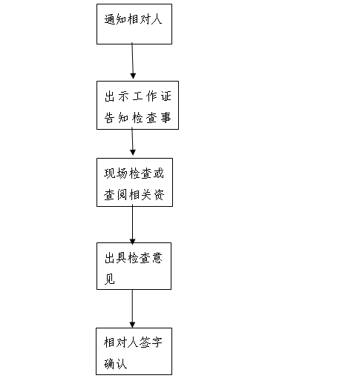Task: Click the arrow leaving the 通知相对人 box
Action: (133, 61)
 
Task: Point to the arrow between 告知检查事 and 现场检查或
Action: (132, 142)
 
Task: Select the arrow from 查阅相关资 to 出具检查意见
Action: (132, 225)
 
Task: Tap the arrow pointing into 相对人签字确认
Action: (132, 309)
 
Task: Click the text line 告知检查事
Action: (137, 118)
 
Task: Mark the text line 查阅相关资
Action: (134, 195)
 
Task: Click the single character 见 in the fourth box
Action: (110, 279)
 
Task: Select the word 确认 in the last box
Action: (115, 364)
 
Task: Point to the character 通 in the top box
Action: (110, 19)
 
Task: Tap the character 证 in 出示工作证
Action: (166, 96)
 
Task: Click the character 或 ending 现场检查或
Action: (159, 173)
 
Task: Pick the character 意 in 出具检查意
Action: (157, 258)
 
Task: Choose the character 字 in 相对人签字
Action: (157, 342)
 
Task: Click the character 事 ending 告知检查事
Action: (166, 118)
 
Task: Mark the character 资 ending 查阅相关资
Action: (159, 195)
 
